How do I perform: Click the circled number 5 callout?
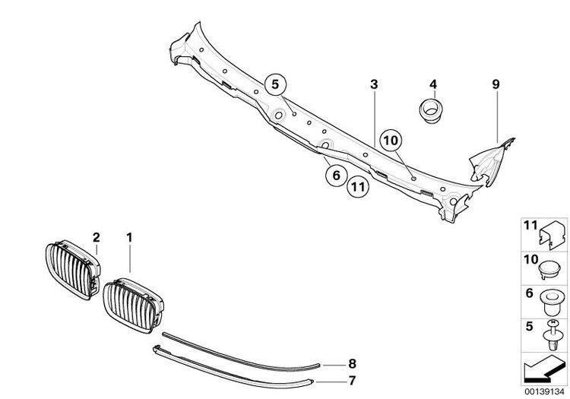(x=275, y=84)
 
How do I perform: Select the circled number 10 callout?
(x=391, y=141)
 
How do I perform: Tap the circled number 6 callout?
(x=336, y=175)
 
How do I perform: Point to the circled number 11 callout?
(x=358, y=187)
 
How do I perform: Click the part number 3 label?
(x=374, y=84)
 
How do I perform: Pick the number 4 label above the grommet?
(x=433, y=84)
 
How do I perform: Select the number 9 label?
(x=496, y=84)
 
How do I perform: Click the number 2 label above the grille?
(x=96, y=238)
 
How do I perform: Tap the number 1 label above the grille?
(x=129, y=238)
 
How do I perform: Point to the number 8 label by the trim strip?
(x=352, y=364)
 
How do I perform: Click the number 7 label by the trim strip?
(x=352, y=381)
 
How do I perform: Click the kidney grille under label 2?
(x=73, y=269)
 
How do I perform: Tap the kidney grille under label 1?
(x=133, y=306)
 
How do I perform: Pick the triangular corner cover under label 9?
(x=491, y=162)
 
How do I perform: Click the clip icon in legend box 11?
(x=553, y=236)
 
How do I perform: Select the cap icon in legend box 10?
(x=549, y=271)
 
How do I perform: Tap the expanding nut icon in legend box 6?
(x=553, y=302)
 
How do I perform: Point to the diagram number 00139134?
(x=544, y=391)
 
